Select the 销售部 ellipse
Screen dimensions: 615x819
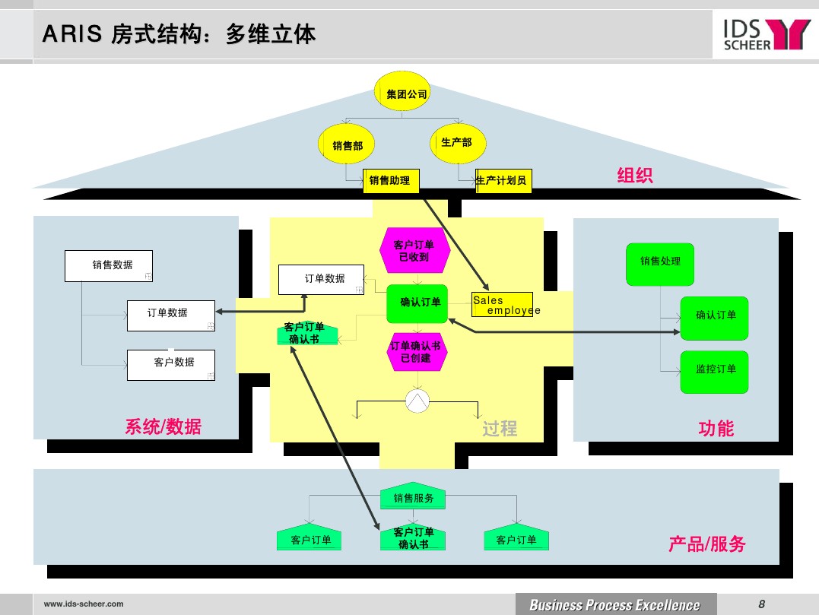(348, 145)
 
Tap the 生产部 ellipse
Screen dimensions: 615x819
(457, 142)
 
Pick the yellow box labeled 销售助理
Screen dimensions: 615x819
(390, 180)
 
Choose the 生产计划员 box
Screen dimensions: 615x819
(503, 180)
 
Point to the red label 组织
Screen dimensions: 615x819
(634, 176)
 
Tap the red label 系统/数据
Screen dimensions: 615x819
(163, 426)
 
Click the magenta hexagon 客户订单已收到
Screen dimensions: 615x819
(414, 250)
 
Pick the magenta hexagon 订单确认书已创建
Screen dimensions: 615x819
(415, 352)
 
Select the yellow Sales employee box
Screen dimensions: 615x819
(501, 304)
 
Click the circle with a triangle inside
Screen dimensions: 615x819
(417, 401)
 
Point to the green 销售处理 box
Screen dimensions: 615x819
(660, 262)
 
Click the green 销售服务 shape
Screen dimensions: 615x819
(413, 497)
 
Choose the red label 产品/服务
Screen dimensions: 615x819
(706, 544)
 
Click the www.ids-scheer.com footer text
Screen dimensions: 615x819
(84, 604)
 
